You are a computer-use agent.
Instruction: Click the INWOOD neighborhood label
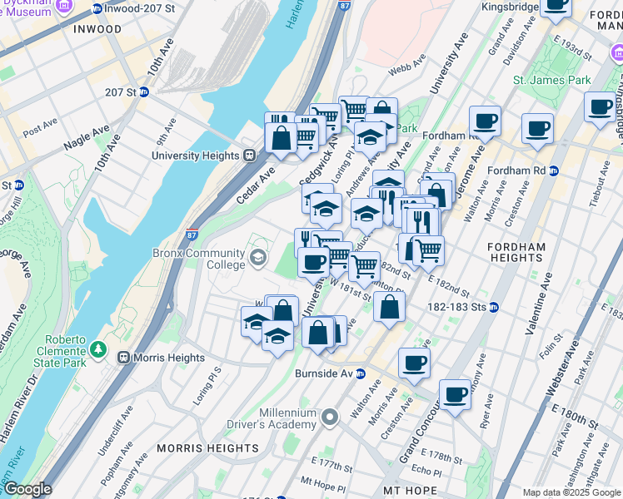coord(97,28)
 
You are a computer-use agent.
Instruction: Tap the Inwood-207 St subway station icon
coord(98,8)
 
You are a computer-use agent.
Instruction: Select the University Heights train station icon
coord(248,156)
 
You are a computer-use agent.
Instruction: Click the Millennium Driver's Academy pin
coord(331,416)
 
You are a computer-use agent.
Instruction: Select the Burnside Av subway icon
coord(361,373)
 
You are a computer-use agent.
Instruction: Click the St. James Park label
coord(551,80)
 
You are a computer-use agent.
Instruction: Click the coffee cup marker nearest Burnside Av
coord(414,362)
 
